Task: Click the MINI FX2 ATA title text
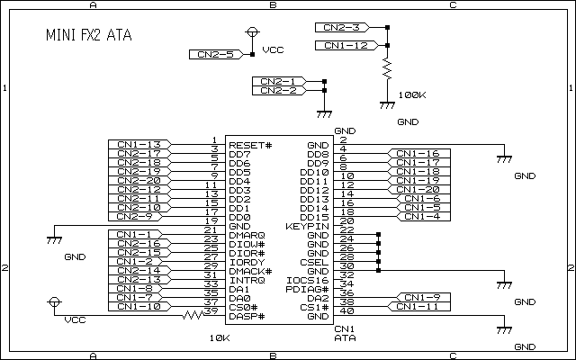click(87, 36)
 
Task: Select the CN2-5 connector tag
click(212, 55)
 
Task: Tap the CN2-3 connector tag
click(343, 27)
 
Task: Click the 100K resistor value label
click(411, 94)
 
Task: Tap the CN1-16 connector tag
click(418, 154)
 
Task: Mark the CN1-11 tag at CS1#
click(418, 306)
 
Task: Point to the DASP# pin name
click(245, 316)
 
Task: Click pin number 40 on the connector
click(347, 311)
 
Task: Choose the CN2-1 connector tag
click(278, 82)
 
